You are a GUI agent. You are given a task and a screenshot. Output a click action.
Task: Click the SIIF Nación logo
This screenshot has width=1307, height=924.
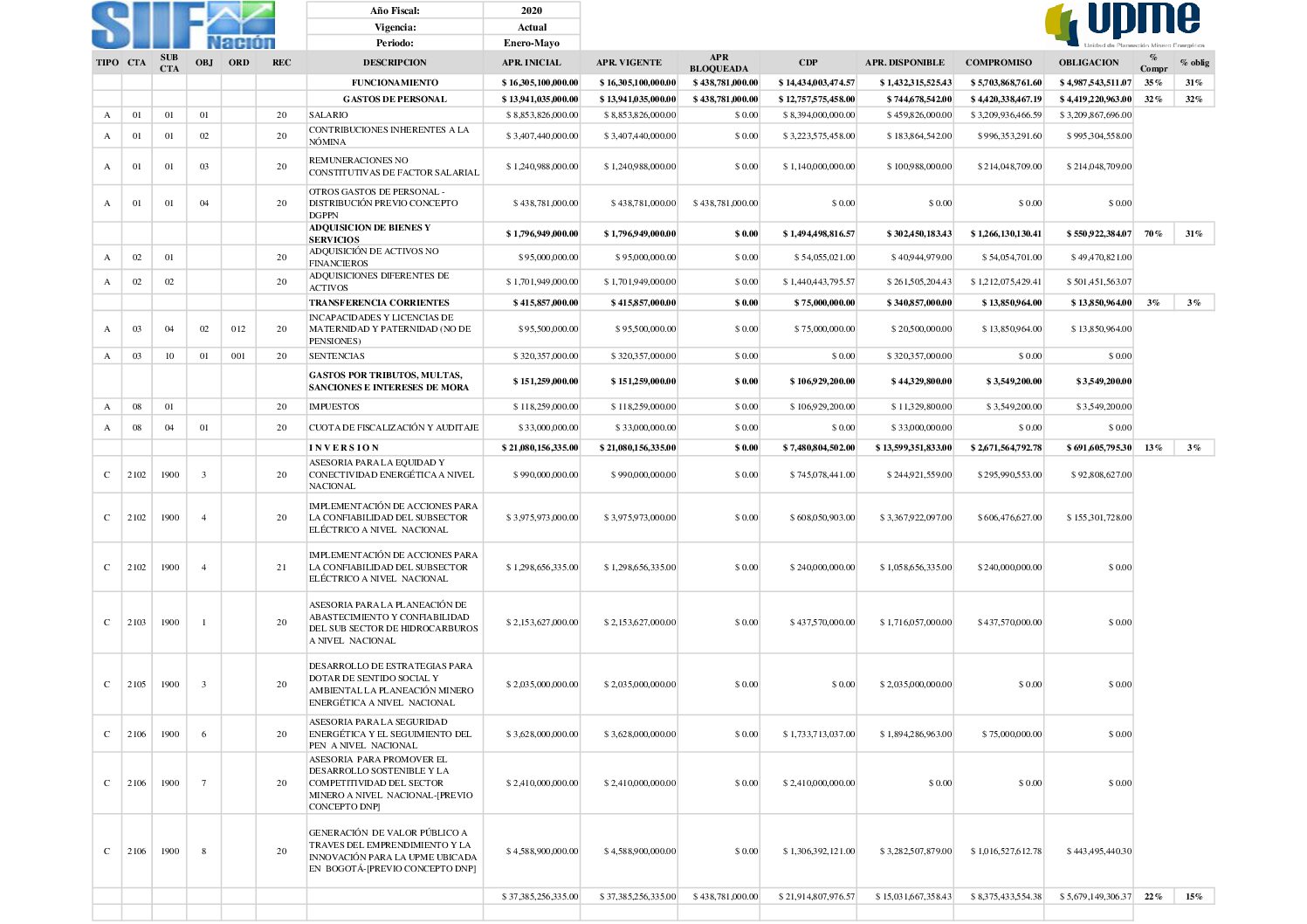(183, 25)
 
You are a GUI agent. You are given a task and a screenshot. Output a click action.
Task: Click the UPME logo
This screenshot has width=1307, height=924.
(1125, 24)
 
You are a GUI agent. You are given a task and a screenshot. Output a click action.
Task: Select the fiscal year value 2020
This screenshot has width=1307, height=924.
(531, 10)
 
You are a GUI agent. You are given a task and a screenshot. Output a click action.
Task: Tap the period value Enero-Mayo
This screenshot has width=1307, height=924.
(531, 43)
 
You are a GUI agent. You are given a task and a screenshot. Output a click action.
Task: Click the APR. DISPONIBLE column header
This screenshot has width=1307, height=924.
(905, 63)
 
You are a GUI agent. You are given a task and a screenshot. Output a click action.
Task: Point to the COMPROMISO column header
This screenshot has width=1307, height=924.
(998, 63)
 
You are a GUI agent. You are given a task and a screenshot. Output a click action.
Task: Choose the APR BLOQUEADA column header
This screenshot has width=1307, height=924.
(719, 63)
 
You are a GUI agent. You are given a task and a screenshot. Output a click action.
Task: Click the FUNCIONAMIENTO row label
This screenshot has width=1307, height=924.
(395, 83)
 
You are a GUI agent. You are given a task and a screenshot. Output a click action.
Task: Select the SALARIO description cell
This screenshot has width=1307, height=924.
(328, 115)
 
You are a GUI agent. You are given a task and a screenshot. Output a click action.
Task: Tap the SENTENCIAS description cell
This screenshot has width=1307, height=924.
(337, 356)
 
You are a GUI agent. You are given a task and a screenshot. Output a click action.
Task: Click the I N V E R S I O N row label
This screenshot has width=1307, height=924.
(344, 448)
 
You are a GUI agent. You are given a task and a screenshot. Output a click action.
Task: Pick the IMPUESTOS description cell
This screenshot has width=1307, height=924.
(334, 407)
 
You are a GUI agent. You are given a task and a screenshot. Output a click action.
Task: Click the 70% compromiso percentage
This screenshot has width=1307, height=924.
(1152, 234)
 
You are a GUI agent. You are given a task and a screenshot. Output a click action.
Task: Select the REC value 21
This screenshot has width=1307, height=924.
(281, 568)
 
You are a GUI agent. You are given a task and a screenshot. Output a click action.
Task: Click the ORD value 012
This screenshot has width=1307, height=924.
(238, 329)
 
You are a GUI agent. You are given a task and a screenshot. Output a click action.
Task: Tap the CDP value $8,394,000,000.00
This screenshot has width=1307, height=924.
(818, 115)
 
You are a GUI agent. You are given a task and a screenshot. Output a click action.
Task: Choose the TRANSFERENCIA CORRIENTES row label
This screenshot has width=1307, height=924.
(379, 303)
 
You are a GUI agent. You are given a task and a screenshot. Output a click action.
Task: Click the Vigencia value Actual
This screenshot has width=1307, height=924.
(531, 27)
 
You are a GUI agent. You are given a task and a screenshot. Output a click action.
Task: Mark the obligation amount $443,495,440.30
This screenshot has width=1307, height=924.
(1098, 852)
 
